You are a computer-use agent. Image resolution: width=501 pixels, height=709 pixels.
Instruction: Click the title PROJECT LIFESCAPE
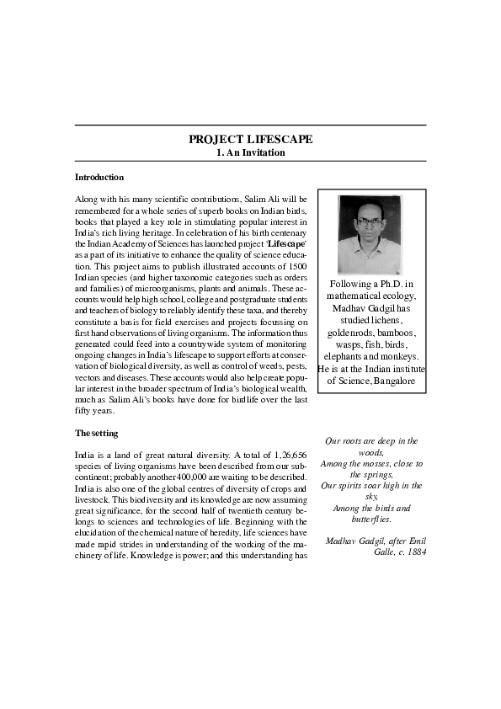[x=250, y=139]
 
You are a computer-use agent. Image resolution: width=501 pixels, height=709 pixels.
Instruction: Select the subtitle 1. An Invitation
[x=250, y=153]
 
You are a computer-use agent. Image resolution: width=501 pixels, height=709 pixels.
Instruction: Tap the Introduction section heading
[x=99, y=178]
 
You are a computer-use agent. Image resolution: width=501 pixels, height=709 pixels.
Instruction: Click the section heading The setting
[x=96, y=433]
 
